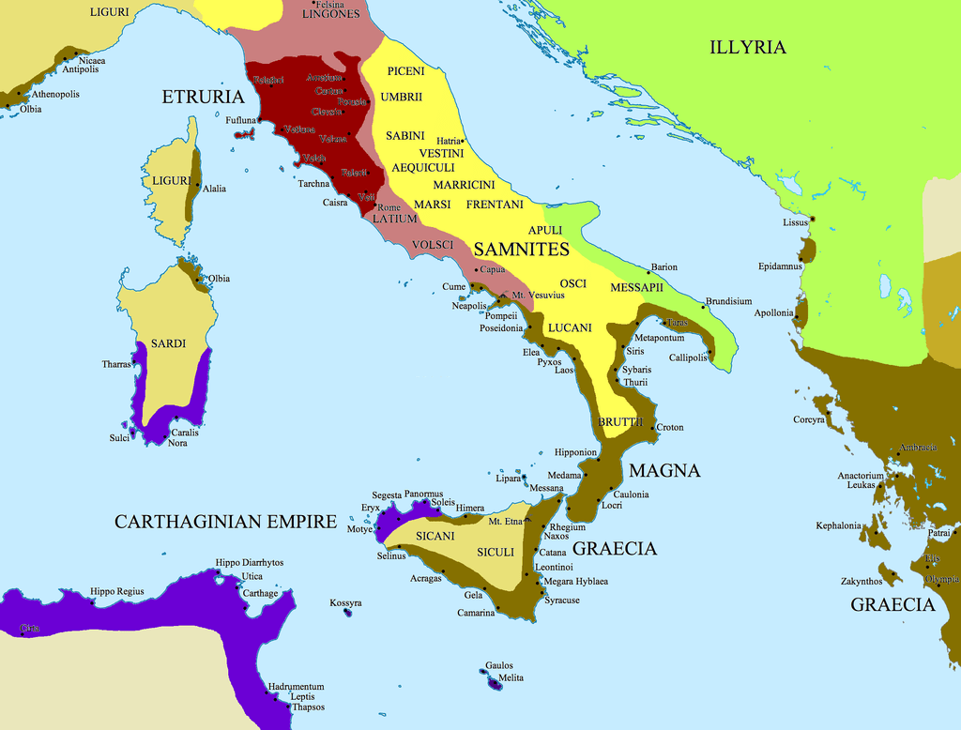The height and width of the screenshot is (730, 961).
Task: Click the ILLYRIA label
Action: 747,48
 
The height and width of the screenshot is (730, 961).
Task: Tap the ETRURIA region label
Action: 204,97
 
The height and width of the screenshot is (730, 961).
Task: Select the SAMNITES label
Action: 522,250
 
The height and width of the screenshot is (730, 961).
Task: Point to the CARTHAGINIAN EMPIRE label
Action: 225,522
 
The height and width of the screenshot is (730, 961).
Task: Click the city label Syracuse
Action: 561,601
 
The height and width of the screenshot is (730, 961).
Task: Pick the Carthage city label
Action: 260,593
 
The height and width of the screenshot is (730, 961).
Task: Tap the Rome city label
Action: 389,207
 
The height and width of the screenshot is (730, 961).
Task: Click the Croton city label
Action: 670,428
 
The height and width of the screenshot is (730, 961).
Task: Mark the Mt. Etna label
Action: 505,521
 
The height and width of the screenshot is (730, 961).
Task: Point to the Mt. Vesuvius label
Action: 538,295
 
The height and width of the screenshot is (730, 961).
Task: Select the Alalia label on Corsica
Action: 214,189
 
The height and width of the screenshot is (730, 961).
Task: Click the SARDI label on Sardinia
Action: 168,343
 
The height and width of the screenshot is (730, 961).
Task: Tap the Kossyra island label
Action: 345,602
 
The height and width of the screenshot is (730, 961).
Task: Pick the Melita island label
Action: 511,677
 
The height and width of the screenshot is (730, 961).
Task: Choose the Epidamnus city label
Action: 780,266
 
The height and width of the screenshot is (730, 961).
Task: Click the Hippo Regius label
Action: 117,591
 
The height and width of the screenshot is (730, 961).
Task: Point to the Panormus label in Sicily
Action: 423,494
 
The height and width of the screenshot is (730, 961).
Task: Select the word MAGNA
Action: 664,470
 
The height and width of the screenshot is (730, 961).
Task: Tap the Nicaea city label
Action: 92,61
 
